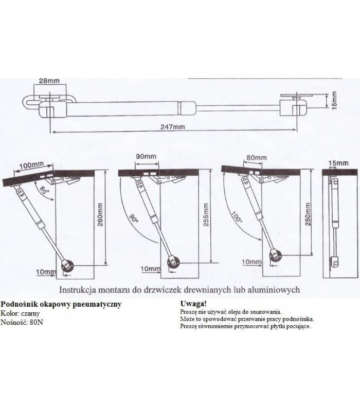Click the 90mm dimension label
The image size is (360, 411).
coord(146,156)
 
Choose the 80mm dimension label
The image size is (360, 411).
coord(256,157)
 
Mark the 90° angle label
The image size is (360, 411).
coord(134,218)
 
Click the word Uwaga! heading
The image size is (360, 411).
coord(194,304)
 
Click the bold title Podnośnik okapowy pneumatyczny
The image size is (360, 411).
coord(61,305)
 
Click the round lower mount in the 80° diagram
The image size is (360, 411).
coord(68,266)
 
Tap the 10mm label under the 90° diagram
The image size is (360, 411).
coord(151,269)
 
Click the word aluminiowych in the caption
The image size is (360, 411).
coord(275,289)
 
